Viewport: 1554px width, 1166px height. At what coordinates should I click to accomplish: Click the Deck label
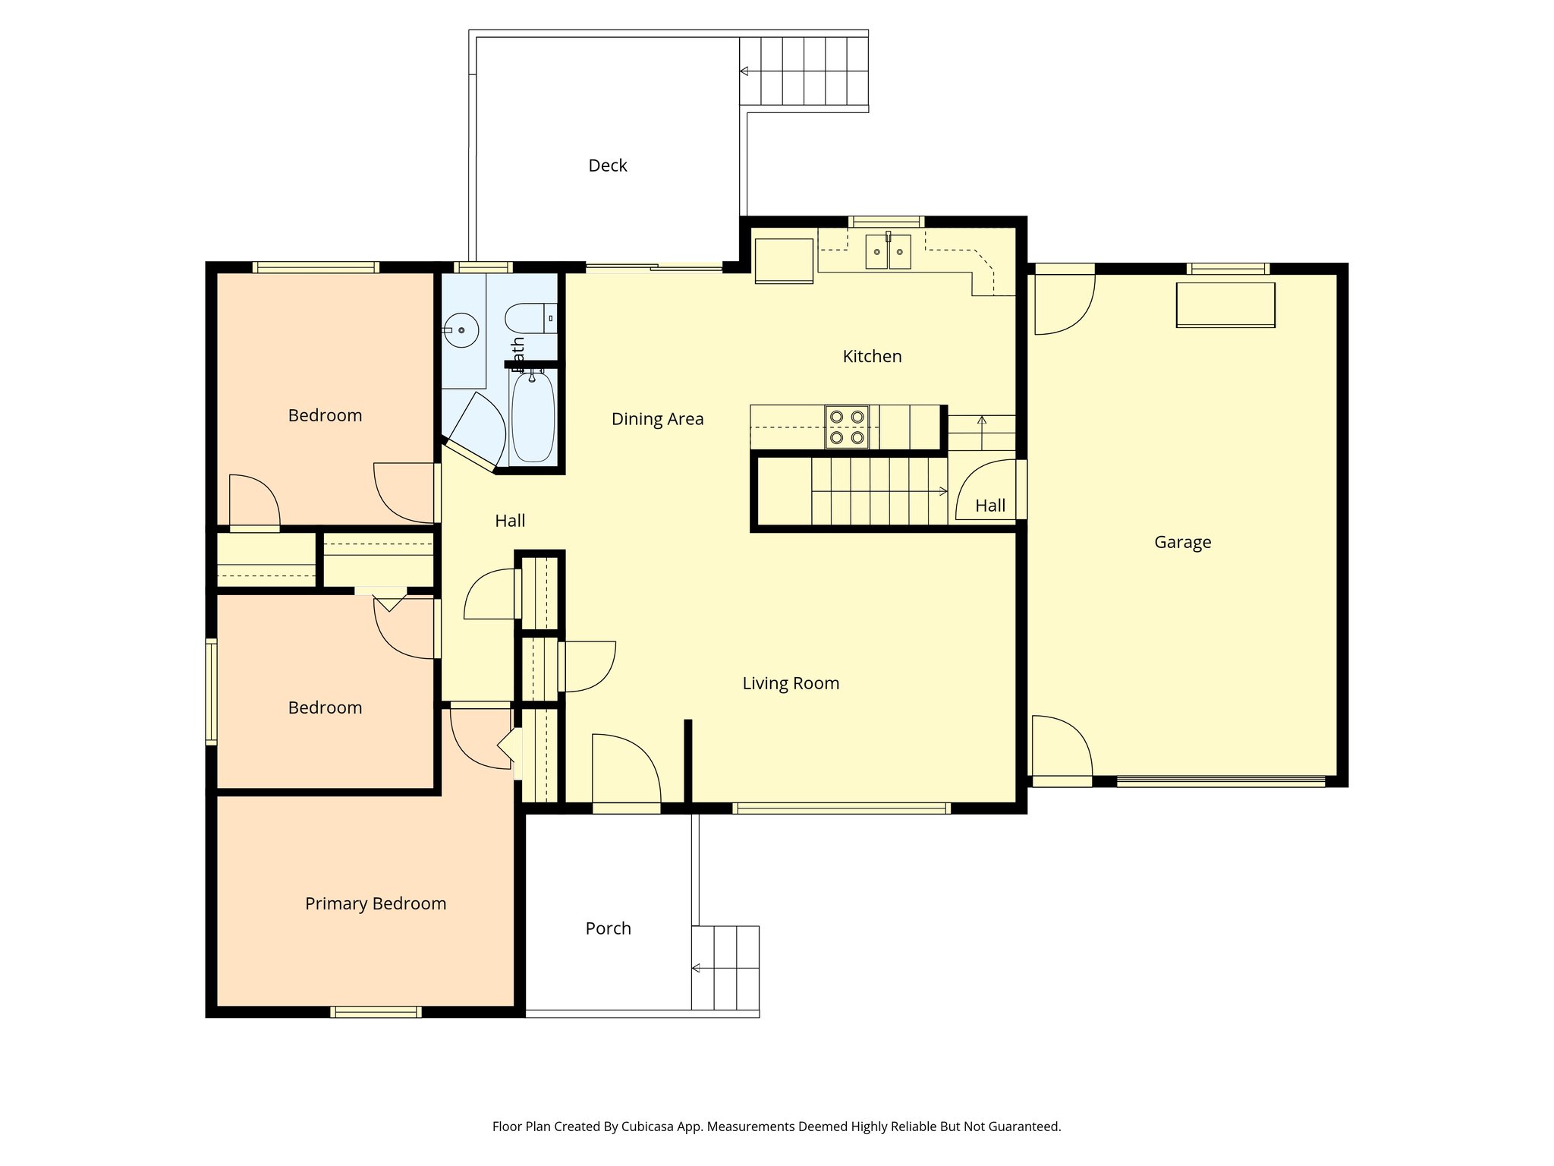[x=607, y=165]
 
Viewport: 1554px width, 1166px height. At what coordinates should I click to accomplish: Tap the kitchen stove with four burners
[x=847, y=427]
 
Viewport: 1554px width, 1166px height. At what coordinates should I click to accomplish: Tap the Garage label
[x=1182, y=542]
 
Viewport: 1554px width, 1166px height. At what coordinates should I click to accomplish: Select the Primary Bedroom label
[x=375, y=903]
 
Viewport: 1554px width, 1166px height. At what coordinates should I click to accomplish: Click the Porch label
[x=608, y=928]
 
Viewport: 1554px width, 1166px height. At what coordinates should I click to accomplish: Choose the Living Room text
[x=791, y=683]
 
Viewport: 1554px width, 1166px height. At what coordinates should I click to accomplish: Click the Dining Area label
[x=657, y=419]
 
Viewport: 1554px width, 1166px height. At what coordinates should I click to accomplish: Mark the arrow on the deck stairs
[x=744, y=71]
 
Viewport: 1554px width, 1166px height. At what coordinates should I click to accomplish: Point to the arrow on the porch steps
[x=696, y=968]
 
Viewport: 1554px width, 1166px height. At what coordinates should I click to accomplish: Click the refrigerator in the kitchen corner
[x=784, y=260]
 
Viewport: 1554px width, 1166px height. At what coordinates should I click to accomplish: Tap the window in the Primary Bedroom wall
[x=376, y=1011]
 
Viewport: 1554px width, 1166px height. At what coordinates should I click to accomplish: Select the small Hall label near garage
[x=989, y=506]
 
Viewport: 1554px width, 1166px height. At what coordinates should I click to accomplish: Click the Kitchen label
[x=872, y=356]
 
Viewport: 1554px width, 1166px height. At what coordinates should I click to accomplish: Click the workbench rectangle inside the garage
[x=1225, y=304]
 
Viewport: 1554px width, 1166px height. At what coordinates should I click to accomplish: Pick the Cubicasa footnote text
[x=776, y=1127]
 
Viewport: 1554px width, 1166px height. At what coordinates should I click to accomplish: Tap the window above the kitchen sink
[x=886, y=222]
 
